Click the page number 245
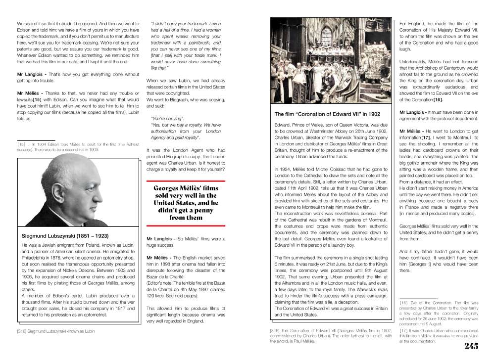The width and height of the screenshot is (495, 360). [x=471, y=346]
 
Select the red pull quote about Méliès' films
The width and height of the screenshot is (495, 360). [x=186, y=203]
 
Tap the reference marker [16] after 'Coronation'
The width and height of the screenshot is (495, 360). [x=438, y=100]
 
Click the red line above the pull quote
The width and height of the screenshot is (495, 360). [x=186, y=181]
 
